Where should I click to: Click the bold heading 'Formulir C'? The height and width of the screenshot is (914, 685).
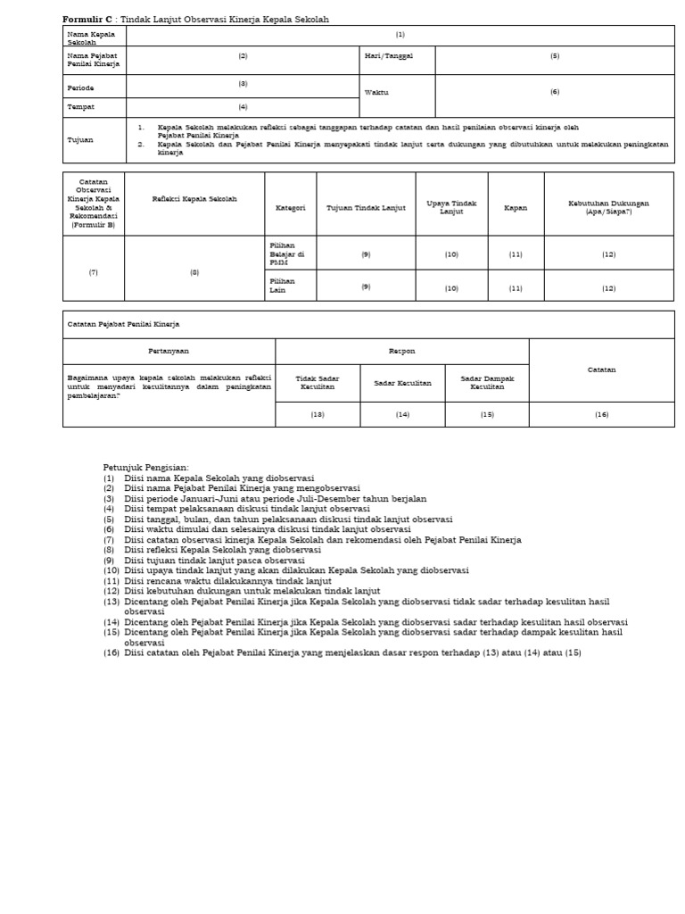pyautogui.click(x=87, y=20)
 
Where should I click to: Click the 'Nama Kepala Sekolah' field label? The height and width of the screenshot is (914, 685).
pyautogui.click(x=84, y=37)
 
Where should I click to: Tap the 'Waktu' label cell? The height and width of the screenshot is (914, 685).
pyautogui.click(x=376, y=92)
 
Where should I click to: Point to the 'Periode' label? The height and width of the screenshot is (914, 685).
pyautogui.click(x=80, y=88)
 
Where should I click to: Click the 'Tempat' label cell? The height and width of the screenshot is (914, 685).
pyautogui.click(x=80, y=107)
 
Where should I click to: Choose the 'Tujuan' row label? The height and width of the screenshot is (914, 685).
pyautogui.click(x=80, y=140)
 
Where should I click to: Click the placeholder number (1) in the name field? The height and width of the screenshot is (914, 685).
pyautogui.click(x=400, y=35)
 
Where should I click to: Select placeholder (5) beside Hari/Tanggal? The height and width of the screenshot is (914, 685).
pyautogui.click(x=555, y=55)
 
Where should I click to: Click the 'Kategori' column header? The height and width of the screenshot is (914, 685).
pyautogui.click(x=290, y=207)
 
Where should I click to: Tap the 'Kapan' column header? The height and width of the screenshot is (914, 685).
pyautogui.click(x=516, y=207)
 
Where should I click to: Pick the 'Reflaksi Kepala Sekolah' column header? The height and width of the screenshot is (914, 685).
pyautogui.click(x=194, y=199)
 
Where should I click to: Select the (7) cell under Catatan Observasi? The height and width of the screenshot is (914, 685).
pyautogui.click(x=94, y=271)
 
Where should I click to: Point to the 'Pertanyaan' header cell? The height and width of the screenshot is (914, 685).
pyautogui.click(x=169, y=352)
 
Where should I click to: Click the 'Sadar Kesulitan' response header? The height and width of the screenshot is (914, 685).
pyautogui.click(x=402, y=383)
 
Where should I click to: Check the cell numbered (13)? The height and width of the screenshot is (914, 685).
pyautogui.click(x=318, y=414)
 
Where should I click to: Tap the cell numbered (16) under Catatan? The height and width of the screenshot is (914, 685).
pyautogui.click(x=601, y=414)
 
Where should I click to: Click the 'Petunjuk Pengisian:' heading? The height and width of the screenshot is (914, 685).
pyautogui.click(x=146, y=468)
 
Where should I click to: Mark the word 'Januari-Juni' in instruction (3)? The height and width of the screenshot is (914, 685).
pyautogui.click(x=218, y=499)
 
